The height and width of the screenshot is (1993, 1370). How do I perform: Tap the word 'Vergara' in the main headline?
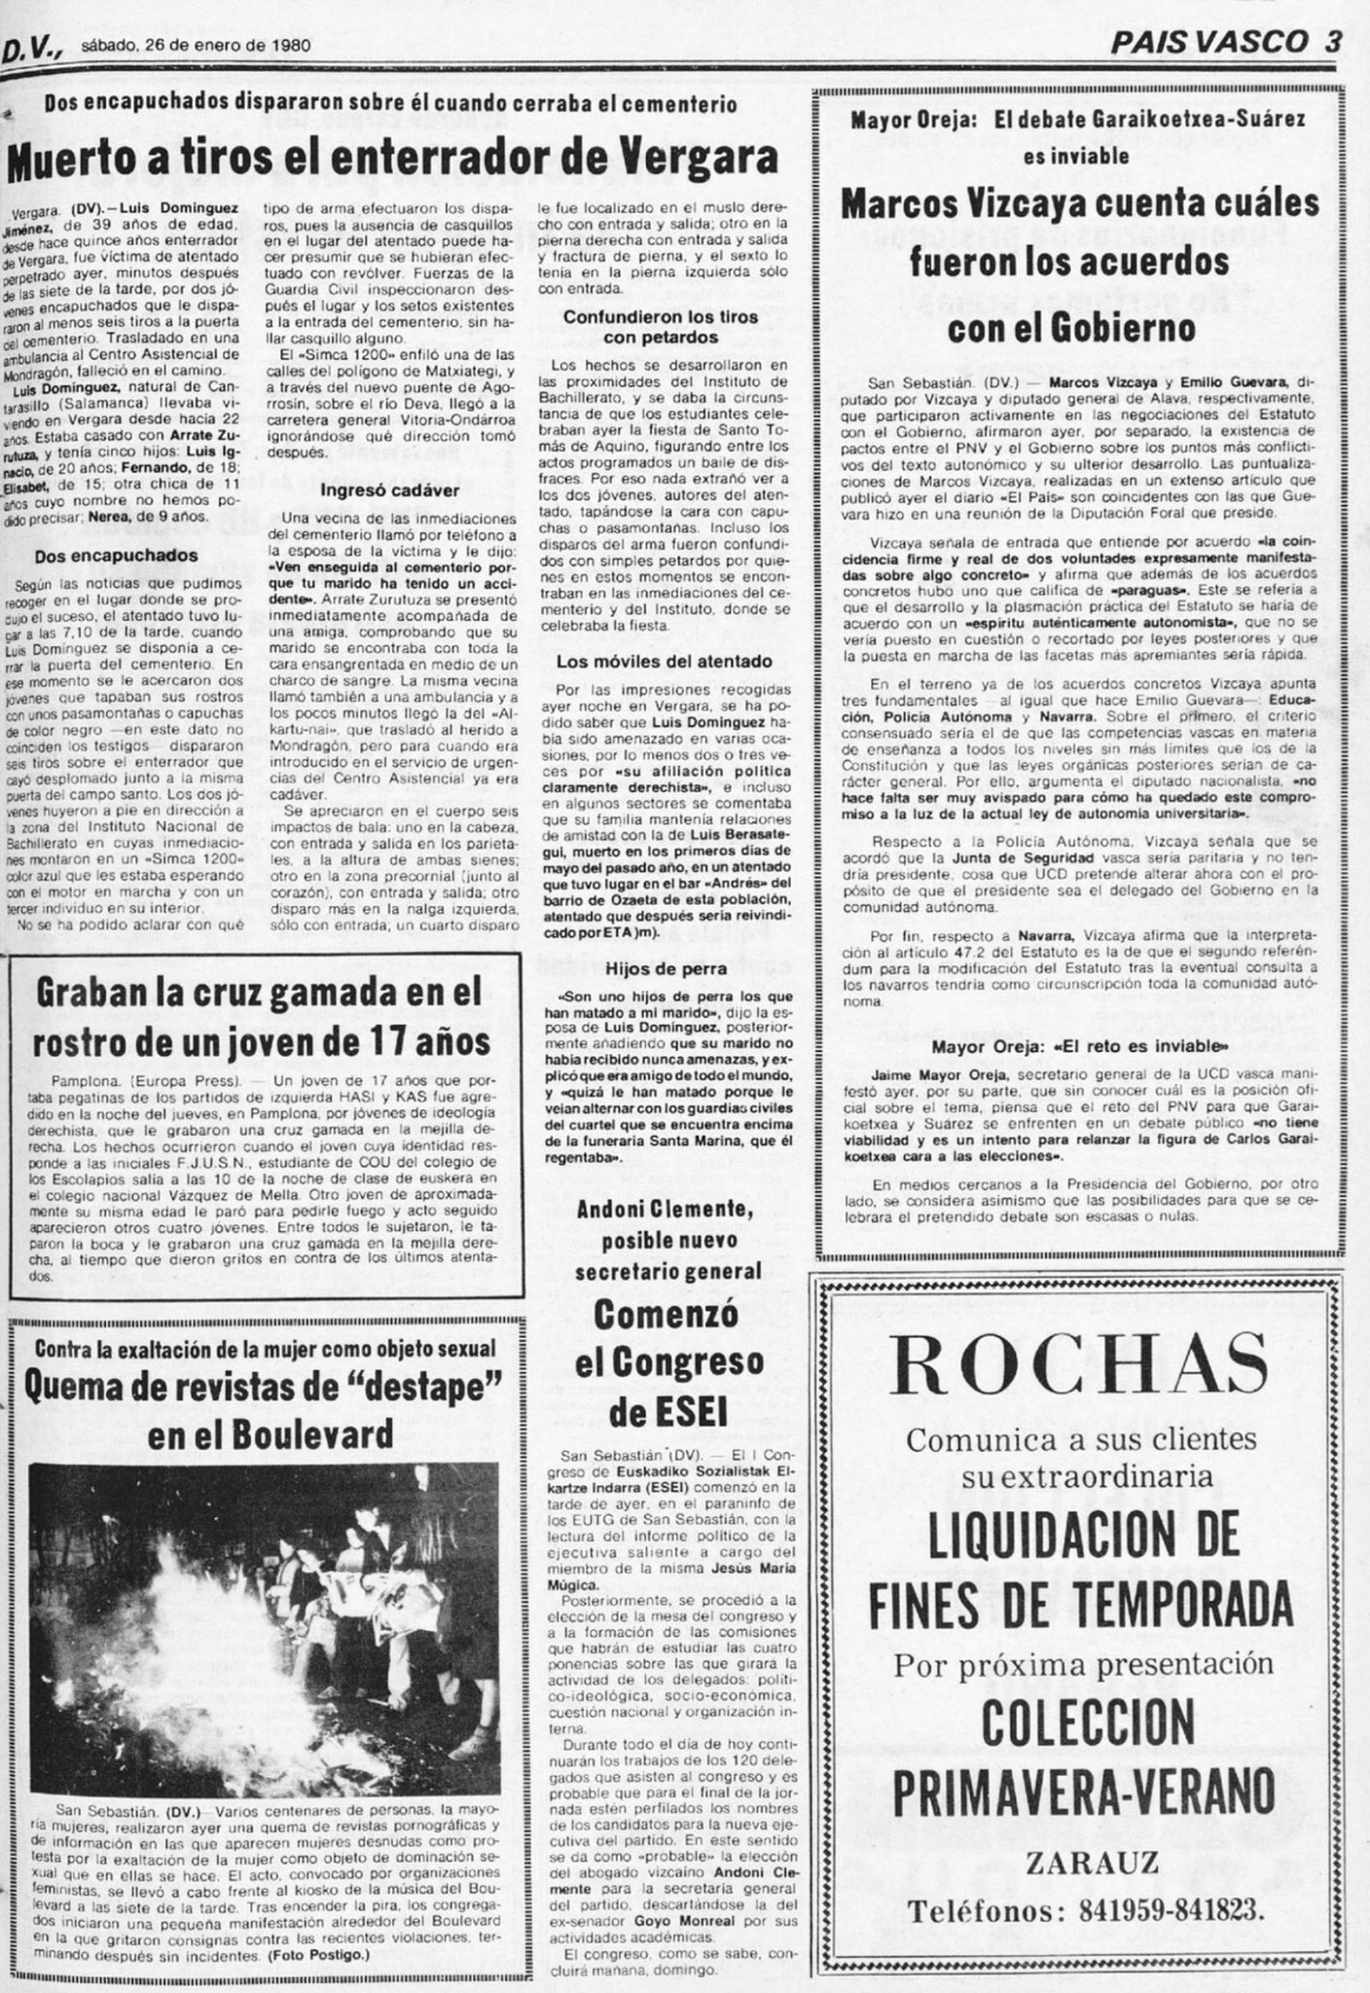[702, 159]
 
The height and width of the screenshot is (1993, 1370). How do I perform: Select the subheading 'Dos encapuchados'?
[116, 556]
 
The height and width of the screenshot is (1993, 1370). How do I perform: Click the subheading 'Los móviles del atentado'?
[664, 661]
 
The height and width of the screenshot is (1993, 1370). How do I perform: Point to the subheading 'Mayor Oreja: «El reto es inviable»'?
[1079, 1046]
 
